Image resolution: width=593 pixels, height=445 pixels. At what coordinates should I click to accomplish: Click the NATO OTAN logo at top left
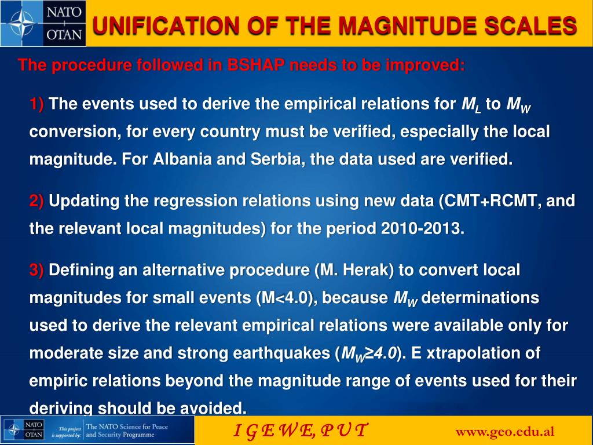pyautogui.click(x=43, y=23)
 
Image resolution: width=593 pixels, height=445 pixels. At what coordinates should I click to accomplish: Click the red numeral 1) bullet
pyautogui.click(x=37, y=105)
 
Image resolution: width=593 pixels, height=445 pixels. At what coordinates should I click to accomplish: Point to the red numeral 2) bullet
pyautogui.click(x=37, y=202)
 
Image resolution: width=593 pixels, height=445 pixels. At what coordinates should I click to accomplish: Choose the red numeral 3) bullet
pyautogui.click(x=37, y=271)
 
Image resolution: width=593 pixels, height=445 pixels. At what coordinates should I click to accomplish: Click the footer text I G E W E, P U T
pyautogui.click(x=299, y=431)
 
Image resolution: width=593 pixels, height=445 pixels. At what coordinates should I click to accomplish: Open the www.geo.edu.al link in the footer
pyautogui.click(x=505, y=431)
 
